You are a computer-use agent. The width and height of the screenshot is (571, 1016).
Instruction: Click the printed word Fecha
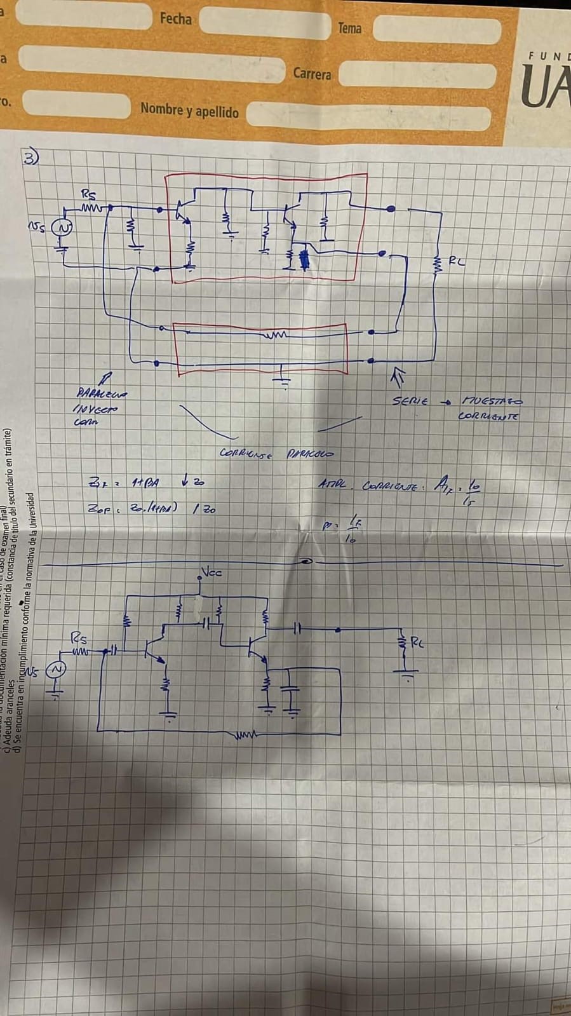175,19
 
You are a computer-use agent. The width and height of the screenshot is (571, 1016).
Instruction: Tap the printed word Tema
349,28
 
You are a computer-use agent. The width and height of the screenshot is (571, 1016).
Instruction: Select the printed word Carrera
312,74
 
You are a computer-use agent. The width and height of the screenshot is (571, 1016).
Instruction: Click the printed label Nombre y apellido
189,111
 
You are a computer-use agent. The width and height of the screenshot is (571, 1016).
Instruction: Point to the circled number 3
30,157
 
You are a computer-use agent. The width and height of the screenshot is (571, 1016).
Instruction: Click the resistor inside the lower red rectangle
277,334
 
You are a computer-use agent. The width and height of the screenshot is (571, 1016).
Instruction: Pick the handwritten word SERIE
410,402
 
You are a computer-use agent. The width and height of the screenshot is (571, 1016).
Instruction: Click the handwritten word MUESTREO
492,402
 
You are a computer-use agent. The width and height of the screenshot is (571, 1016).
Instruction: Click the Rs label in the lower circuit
79,638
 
